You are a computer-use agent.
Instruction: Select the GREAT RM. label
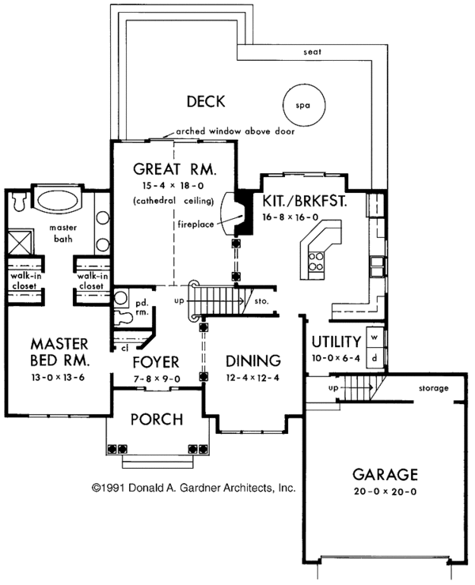(175, 168)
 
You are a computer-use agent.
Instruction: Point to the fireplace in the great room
(234, 213)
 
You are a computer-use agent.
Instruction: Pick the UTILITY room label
(336, 342)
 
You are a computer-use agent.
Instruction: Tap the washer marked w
(374, 338)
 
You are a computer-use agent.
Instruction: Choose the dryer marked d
(374, 357)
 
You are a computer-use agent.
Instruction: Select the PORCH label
(157, 418)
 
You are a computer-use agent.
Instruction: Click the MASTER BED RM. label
(59, 352)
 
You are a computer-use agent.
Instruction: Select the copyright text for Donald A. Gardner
(193, 489)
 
